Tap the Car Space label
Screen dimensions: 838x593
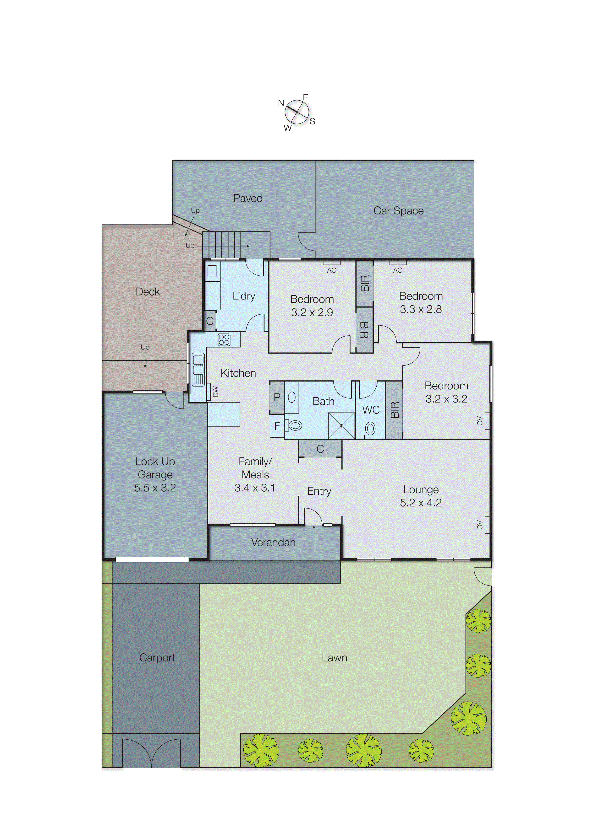[398, 211]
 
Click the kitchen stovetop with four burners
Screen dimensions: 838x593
[224, 339]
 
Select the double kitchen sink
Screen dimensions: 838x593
[198, 369]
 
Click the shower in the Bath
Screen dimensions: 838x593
[341, 426]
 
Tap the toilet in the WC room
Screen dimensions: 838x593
[370, 429]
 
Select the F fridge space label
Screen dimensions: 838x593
[277, 426]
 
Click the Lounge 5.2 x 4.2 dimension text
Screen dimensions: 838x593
[421, 503]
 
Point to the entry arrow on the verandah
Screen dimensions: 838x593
[314, 533]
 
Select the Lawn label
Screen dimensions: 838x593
[334, 658]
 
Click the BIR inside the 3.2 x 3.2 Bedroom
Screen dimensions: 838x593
[394, 410]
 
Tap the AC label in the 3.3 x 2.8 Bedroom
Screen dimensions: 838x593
[398, 270]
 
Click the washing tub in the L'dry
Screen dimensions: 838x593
[212, 270]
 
